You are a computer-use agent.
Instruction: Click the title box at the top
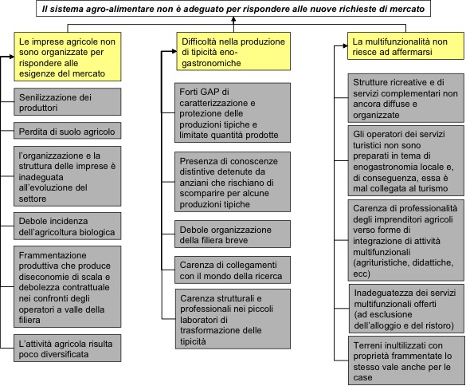pyautogui.click(x=233, y=9)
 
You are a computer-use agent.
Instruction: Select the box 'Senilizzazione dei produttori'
pyautogui.click(x=68, y=102)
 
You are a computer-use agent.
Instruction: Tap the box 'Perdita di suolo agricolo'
pyautogui.click(x=68, y=131)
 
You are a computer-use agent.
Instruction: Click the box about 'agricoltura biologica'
pyautogui.click(x=68, y=226)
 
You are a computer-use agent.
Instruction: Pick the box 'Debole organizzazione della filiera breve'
pyautogui.click(x=233, y=234)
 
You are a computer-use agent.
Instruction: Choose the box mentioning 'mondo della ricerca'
pyautogui.click(x=233, y=270)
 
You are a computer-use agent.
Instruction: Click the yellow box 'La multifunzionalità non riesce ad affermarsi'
pyautogui.click(x=405, y=46)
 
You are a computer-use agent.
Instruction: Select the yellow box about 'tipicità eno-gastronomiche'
pyautogui.click(x=233, y=52)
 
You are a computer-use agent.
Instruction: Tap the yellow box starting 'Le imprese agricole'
pyautogui.click(x=68, y=57)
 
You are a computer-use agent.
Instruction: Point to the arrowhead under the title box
pyautogui.click(x=233, y=20)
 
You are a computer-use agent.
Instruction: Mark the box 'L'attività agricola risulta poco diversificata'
pyautogui.click(x=68, y=349)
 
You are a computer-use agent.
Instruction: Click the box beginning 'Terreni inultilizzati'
pyautogui.click(x=406, y=360)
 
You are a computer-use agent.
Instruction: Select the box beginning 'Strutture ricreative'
pyautogui.click(x=406, y=98)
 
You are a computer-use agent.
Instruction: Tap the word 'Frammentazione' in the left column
pyautogui.click(x=53, y=255)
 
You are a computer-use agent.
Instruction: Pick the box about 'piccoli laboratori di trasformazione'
pyautogui.click(x=233, y=319)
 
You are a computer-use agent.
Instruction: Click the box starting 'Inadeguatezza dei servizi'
pyautogui.click(x=406, y=309)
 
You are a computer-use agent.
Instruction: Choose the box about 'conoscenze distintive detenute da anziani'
pyautogui.click(x=233, y=182)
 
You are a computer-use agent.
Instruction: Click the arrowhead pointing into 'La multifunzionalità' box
pyautogui.click(x=345, y=45)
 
